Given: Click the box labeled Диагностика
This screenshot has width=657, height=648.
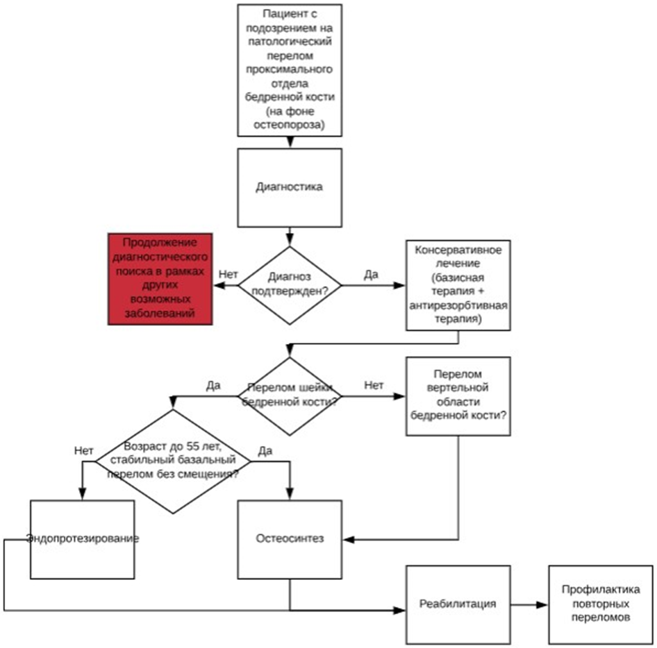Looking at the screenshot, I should tap(290, 187).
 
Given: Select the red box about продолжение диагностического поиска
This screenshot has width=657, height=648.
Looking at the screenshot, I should tap(160, 278).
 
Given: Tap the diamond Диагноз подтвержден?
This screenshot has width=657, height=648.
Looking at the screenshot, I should tap(290, 285).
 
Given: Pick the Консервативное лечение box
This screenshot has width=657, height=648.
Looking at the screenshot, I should tap(458, 285).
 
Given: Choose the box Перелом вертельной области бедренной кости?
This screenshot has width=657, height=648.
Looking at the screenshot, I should tap(458, 396).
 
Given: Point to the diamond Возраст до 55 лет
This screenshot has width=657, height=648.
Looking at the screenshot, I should tap(174, 461).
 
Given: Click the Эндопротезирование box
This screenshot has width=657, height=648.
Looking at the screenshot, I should tap(83, 539).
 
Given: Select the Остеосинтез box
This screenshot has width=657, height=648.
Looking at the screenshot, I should tap(290, 539).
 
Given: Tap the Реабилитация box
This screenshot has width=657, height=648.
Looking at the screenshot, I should tap(458, 604).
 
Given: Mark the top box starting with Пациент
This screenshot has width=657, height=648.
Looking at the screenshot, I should tap(290, 69).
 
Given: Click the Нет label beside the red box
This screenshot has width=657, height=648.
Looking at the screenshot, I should tap(228, 275).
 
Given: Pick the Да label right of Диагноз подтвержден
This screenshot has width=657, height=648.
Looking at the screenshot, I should tap(371, 275).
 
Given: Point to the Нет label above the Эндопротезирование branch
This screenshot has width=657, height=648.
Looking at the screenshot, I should tap(83, 450).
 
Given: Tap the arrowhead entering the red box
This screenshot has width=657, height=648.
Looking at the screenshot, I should tap(217, 285).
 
